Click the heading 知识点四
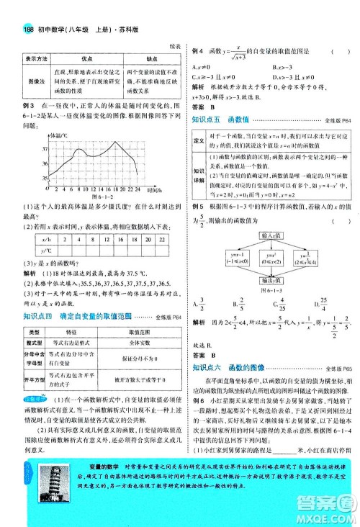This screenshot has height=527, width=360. (x=37, y=296)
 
